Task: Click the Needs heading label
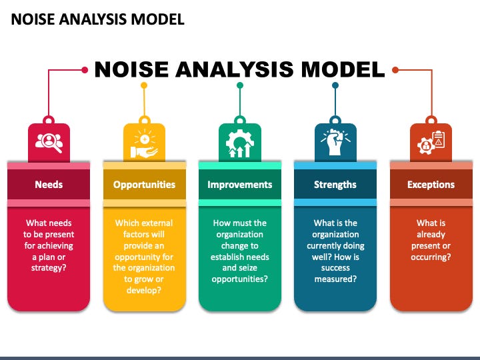coord(49,185)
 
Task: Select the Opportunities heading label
coord(144,185)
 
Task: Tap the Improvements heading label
coord(239,185)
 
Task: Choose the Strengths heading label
coord(335,185)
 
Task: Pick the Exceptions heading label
coord(431,185)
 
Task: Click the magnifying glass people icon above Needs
coord(49,141)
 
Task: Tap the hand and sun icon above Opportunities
coord(144,141)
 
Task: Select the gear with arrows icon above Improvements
coord(239,141)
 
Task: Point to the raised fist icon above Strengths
coord(335,141)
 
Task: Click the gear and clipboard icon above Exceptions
coord(431,141)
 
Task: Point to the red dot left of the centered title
coord(85,69)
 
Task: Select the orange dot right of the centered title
coord(395,69)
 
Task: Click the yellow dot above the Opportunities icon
coord(144,85)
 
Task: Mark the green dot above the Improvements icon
coord(239,85)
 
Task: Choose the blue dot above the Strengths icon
coord(335,85)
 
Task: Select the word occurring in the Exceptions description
coord(430,257)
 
